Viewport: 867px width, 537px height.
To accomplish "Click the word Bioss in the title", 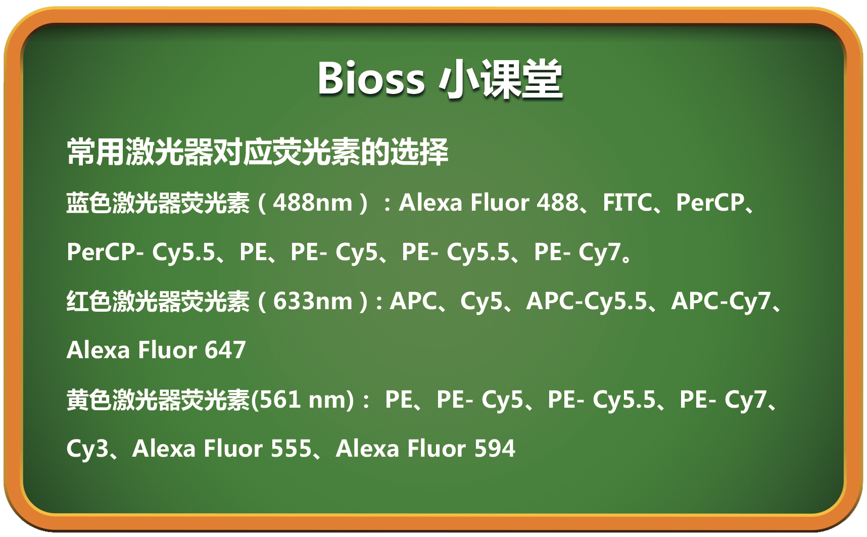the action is tap(371, 78).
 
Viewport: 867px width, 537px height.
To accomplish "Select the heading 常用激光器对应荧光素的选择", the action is tap(258, 152).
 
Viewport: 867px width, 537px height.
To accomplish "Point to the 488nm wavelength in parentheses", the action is tap(313, 203).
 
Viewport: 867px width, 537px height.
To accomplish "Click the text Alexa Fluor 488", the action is tap(489, 203).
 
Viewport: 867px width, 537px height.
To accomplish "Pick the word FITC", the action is tap(627, 203).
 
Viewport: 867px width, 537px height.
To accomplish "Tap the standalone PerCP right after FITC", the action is tap(710, 203).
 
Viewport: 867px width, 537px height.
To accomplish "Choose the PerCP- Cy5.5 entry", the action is tap(141, 252).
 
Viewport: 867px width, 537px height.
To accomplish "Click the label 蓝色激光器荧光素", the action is tap(158, 203).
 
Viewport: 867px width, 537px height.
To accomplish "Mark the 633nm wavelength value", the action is tap(313, 301).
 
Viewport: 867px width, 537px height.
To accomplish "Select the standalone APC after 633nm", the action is tap(413, 301).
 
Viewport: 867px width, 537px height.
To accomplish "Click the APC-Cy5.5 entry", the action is tap(587, 302).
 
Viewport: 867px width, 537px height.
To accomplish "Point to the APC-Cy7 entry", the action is tap(720, 302).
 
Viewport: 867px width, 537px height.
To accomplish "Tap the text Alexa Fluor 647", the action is tap(156, 350).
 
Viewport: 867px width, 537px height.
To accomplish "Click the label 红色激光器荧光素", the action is tap(158, 301).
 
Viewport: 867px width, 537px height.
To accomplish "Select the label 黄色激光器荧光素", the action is tap(158, 400).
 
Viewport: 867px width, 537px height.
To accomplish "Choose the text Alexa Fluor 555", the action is tap(222, 449).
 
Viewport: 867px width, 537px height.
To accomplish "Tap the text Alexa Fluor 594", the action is tap(425, 449).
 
